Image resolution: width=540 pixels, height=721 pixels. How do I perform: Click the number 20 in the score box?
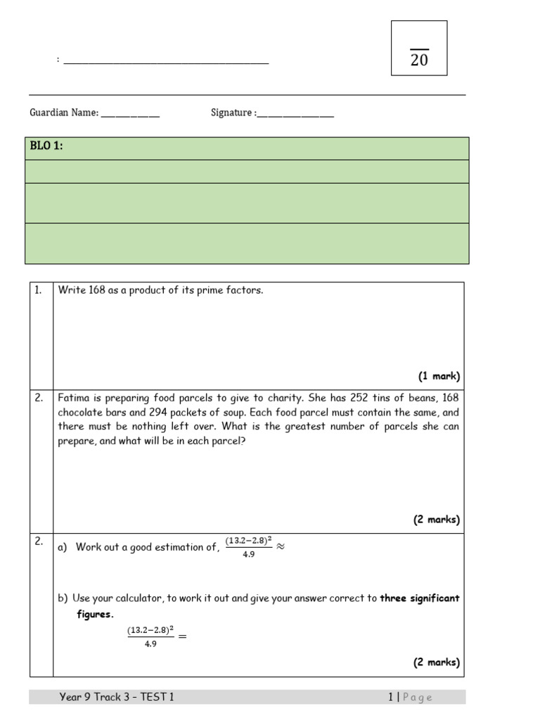[x=419, y=61]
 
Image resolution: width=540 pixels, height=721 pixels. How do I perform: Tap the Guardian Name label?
[x=64, y=113]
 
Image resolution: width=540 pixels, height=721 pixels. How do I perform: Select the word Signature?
[x=231, y=113]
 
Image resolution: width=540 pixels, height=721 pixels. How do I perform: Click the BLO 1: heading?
[x=46, y=146]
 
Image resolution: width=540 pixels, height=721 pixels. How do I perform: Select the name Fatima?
[x=74, y=398]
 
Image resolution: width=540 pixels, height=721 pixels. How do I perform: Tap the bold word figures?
[x=95, y=614]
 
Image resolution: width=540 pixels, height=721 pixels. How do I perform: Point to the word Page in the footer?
[x=418, y=697]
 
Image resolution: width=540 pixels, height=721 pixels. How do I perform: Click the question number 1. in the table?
[x=39, y=290]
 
